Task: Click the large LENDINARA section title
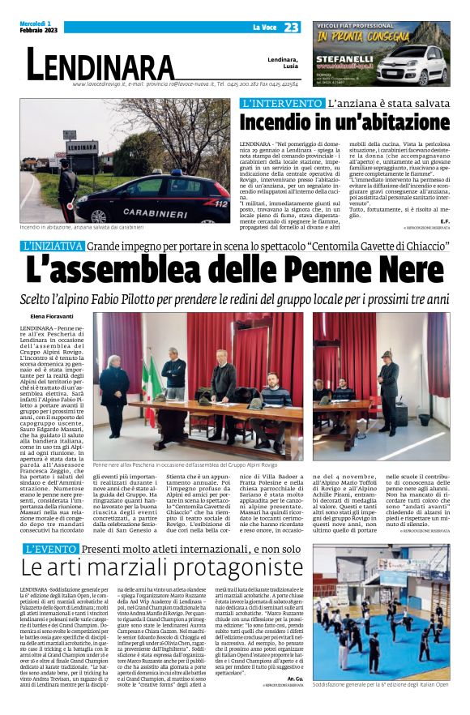click(x=100, y=64)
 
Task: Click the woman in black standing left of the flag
click(x=114, y=396)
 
